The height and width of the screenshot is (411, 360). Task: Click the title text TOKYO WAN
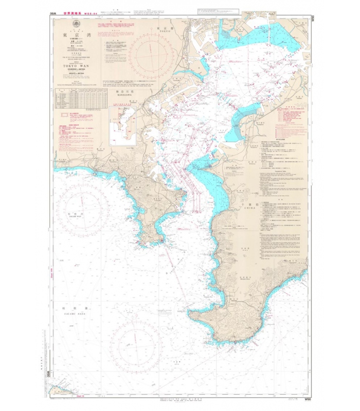(x=76, y=66)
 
